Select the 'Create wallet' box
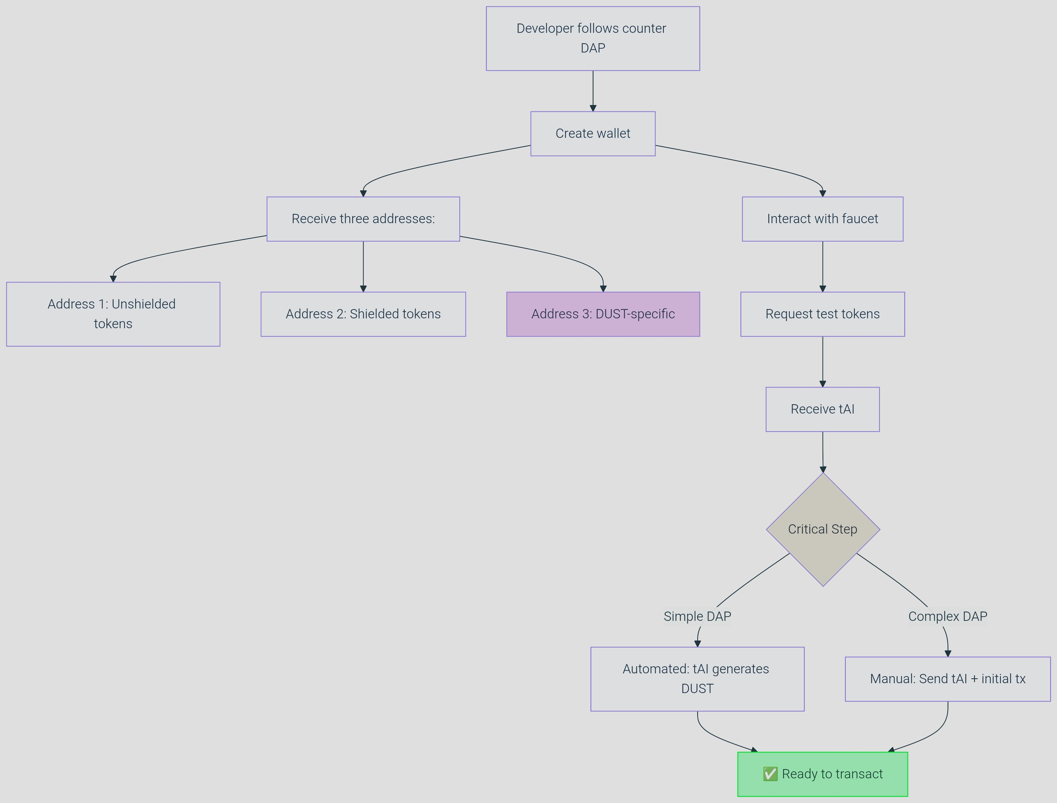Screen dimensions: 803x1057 pos(593,134)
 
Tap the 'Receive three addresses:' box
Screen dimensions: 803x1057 pos(363,219)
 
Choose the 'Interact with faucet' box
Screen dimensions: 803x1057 pos(822,219)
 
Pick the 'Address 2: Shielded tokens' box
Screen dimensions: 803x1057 pos(363,314)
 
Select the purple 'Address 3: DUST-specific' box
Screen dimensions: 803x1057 pos(603,314)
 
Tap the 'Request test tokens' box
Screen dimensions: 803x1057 pos(822,314)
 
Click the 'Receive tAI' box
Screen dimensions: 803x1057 pos(822,409)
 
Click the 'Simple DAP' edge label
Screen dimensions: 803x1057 pos(697,616)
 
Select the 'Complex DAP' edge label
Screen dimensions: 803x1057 pos(948,616)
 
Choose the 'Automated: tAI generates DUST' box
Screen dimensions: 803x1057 pos(697,679)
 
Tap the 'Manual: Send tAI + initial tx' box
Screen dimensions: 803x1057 pos(948,679)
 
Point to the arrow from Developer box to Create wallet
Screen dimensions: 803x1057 pos(593,91)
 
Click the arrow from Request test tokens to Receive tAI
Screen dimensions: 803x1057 pos(822,361)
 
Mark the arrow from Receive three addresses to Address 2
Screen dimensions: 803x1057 pos(363,266)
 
